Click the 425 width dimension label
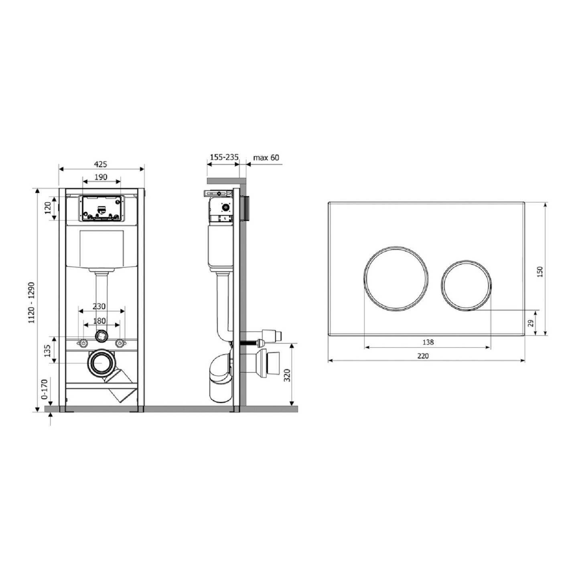point(100,164)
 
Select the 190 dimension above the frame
point(101,177)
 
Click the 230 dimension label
point(99,306)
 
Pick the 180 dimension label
point(99,321)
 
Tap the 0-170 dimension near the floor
point(45,389)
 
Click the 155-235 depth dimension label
point(224,157)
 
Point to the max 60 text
point(266,157)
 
